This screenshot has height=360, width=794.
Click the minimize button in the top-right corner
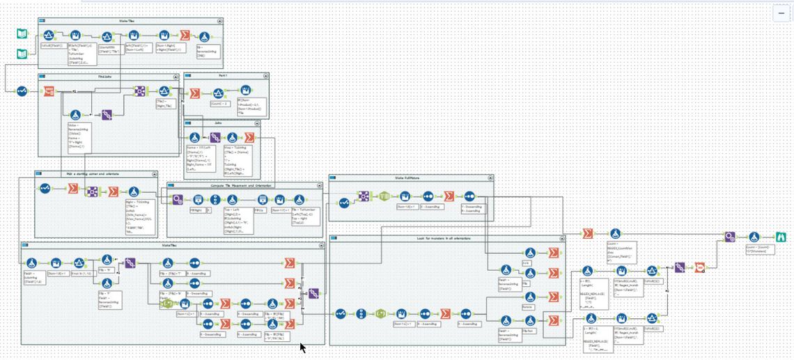[x=780, y=13]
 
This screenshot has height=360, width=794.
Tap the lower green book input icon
[x=22, y=53]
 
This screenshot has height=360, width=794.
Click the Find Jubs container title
[x=107, y=77]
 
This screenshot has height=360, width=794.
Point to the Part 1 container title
[x=222, y=75]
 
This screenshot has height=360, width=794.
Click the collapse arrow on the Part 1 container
[x=266, y=76]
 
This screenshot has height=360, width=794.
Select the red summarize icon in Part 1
[x=195, y=93]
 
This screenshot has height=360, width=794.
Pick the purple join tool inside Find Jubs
[x=107, y=116]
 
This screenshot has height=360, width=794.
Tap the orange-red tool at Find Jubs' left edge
[x=49, y=91]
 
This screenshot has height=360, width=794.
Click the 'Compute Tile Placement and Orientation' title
[x=243, y=186]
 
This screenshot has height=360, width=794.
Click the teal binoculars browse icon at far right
[x=781, y=237]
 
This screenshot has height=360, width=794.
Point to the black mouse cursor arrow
[x=302, y=346]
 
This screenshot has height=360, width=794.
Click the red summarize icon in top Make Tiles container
[x=185, y=36]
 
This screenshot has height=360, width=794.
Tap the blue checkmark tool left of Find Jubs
[x=22, y=91]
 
